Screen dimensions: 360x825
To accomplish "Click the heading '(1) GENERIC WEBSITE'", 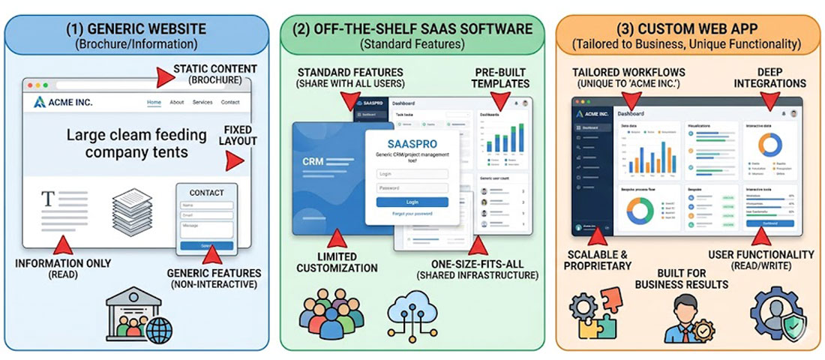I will pos(136,29).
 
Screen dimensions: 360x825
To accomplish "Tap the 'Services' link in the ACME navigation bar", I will pos(202,102).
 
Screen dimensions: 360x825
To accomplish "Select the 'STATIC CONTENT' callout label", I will pos(215,69).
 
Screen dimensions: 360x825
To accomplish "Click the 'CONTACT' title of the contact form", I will pos(206,193).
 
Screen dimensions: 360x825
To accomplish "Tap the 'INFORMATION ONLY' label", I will pos(63,263).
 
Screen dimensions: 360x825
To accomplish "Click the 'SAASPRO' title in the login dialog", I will pos(412,142).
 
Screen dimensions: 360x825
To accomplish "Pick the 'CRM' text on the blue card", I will pos(313,161).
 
